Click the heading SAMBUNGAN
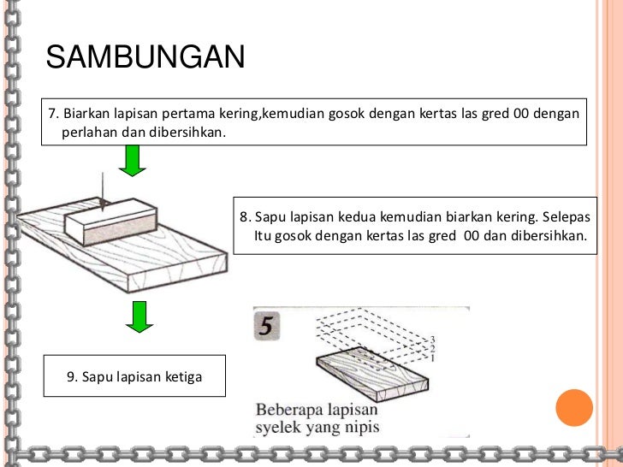[145, 57]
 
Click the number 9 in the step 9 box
[71, 375]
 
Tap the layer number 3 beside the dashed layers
[432, 340]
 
